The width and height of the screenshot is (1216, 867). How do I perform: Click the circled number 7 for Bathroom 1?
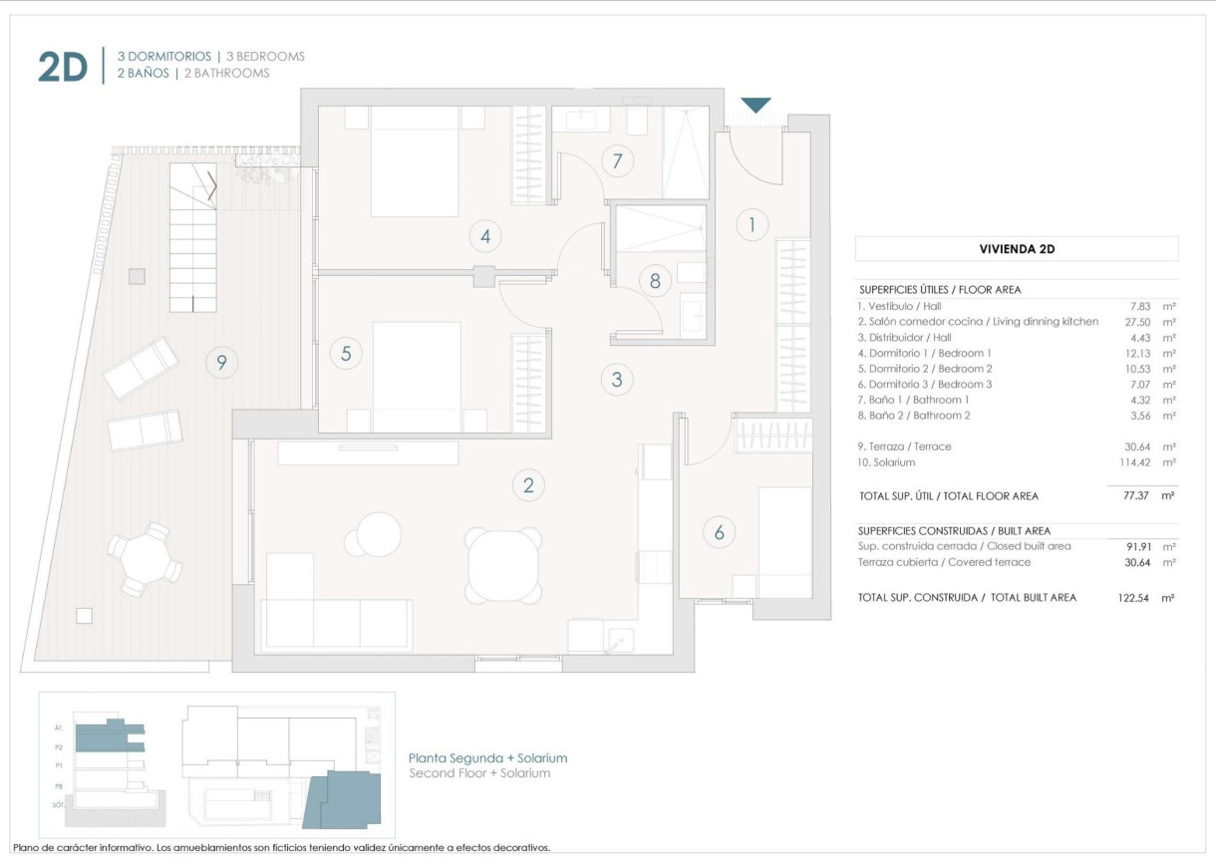click(618, 160)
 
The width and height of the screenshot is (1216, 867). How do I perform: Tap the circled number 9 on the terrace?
click(221, 363)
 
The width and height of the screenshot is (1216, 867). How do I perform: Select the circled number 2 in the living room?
click(528, 485)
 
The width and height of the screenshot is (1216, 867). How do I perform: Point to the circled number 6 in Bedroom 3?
click(719, 532)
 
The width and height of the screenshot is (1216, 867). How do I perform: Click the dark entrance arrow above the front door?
click(757, 105)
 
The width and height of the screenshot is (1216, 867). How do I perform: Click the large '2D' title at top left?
click(63, 68)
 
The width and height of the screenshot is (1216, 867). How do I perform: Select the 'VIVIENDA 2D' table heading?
click(1017, 249)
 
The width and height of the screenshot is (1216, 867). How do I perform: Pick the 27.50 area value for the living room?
click(1135, 322)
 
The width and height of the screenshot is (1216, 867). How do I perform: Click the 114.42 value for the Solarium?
click(1132, 462)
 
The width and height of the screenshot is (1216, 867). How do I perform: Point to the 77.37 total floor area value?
click(1135, 495)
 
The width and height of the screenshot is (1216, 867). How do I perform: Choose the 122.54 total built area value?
click(1132, 598)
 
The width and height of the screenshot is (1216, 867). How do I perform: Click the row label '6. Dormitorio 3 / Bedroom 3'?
click(924, 385)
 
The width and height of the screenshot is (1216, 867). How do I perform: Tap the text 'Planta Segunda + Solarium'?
click(488, 758)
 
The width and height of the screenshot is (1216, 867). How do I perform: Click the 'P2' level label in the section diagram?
click(59, 746)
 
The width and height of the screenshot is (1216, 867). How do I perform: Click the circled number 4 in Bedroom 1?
click(485, 236)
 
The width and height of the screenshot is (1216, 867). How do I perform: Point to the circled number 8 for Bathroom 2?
click(655, 281)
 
